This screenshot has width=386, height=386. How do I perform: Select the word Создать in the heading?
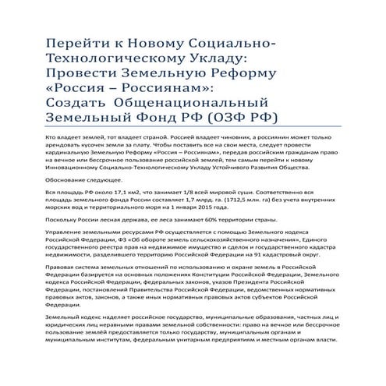(x=79, y=104)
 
